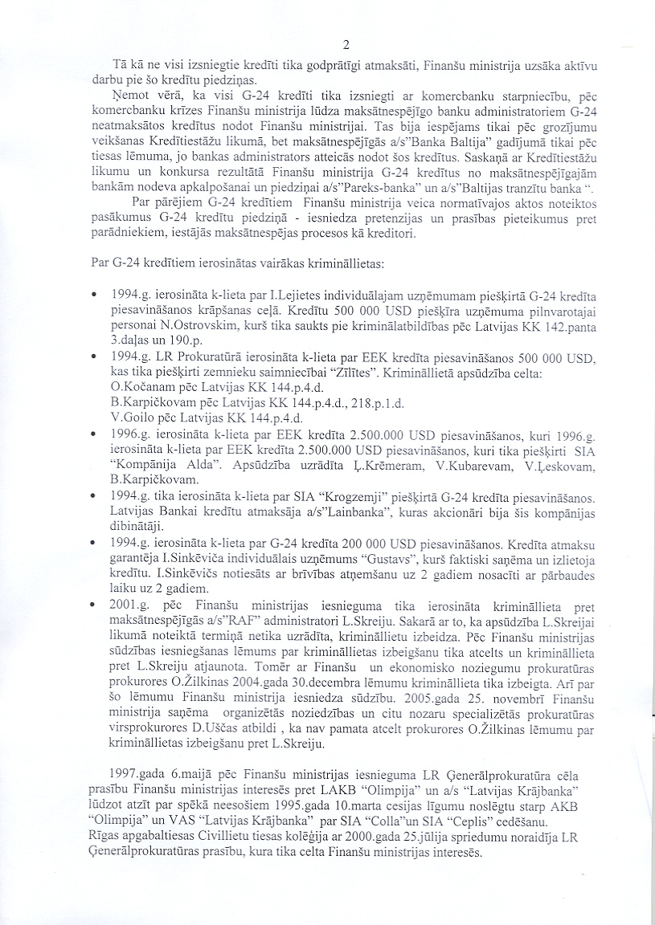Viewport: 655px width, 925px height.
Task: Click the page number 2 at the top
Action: click(x=346, y=44)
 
